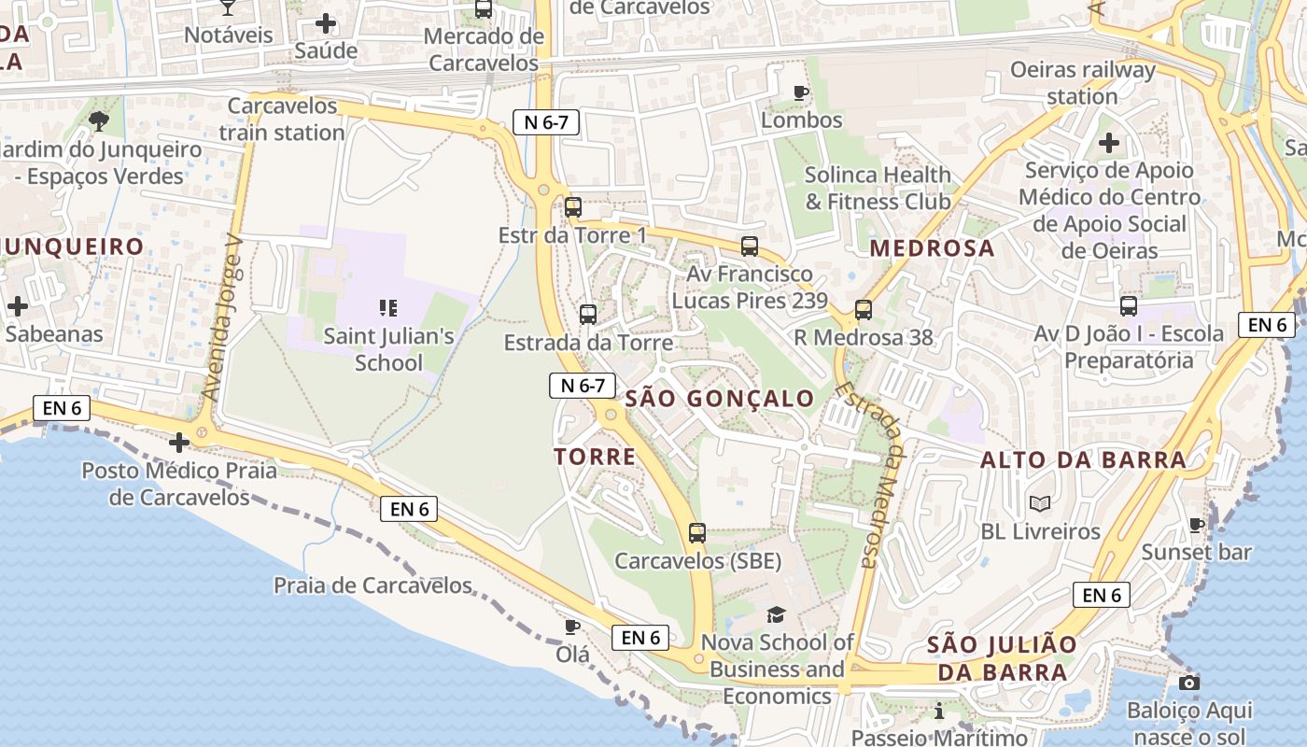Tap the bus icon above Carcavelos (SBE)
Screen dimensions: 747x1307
coord(697,533)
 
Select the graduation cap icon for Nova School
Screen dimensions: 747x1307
coord(776,614)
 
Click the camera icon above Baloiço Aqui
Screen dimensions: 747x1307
coord(1188,683)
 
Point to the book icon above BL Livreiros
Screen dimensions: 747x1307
coord(1040,503)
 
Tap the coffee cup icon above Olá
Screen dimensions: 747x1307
coord(572,627)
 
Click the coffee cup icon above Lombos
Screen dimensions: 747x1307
coord(800,92)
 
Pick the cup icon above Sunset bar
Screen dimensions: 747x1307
coord(1196,525)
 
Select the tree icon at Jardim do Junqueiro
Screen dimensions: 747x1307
coord(98,120)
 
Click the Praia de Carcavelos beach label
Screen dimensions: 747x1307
coord(372,585)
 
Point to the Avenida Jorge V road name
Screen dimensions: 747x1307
coord(221,317)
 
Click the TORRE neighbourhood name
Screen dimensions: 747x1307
coord(595,457)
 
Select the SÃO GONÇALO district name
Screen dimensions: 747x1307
coord(720,399)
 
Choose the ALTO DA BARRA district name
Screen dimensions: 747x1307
coord(1083,459)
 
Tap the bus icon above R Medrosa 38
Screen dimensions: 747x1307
coord(864,310)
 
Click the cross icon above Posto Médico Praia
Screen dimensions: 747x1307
coord(179,442)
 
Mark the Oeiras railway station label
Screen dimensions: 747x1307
coord(1083,83)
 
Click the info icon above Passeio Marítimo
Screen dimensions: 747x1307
coord(938,712)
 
